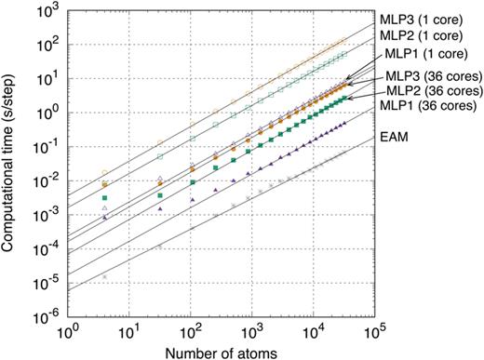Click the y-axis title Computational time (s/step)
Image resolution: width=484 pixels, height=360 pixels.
coord(14,159)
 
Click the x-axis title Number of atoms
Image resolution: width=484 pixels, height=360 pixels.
coord(221,350)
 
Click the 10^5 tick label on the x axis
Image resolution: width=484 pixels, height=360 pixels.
coord(375,331)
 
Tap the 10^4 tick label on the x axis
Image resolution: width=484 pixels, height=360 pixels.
coord(314,331)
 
